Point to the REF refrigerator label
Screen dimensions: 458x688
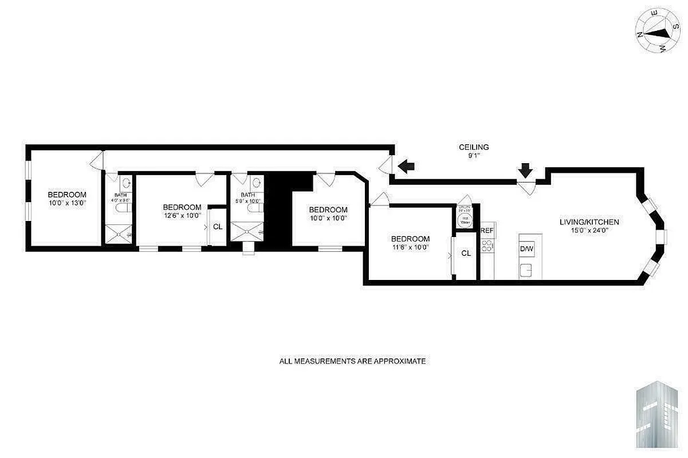(487, 231)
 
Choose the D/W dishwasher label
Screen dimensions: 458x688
(526, 249)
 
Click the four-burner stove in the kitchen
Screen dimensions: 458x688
(487, 247)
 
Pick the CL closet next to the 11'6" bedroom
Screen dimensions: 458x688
(466, 253)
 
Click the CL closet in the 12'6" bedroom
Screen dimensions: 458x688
(218, 227)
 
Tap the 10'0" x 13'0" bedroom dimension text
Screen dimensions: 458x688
(67, 202)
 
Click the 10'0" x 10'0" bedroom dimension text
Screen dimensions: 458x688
(328, 218)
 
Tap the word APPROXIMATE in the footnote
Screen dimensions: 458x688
(400, 361)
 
